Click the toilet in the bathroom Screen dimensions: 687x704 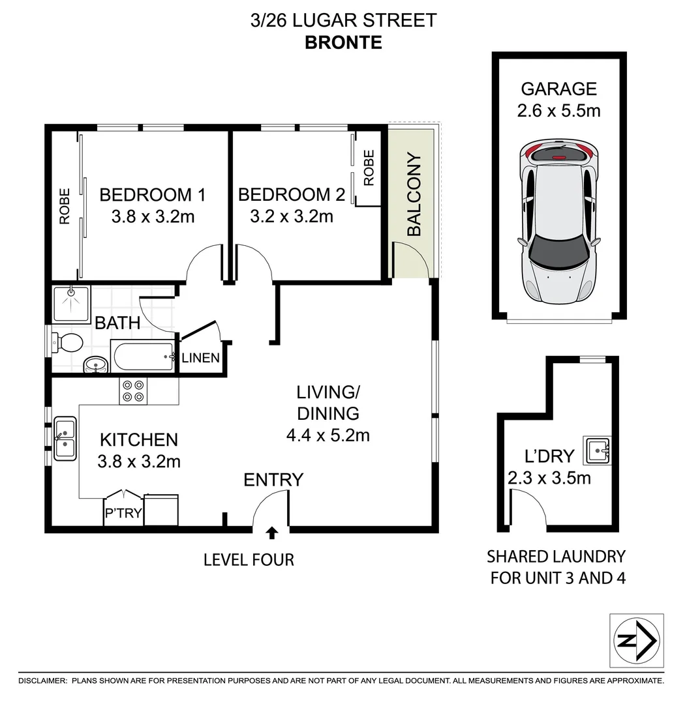pyautogui.click(x=67, y=344)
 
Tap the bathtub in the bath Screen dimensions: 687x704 pyautogui.click(x=143, y=357)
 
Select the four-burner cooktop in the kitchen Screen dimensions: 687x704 pyautogui.click(x=134, y=391)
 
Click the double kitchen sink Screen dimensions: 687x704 pyautogui.click(x=65, y=439)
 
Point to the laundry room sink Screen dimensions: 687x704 pyautogui.click(x=597, y=450)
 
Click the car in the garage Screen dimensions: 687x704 pyautogui.click(x=559, y=222)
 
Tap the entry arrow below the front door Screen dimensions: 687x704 pyautogui.click(x=271, y=533)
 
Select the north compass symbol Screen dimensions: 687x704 pyautogui.click(x=637, y=640)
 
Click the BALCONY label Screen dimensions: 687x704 pyautogui.click(x=414, y=194)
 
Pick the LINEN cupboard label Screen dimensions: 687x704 pyautogui.click(x=200, y=358)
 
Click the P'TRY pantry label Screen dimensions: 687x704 pyautogui.click(x=123, y=513)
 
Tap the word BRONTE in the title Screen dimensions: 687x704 pyautogui.click(x=343, y=42)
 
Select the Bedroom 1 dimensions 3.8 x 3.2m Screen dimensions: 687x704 pyautogui.click(x=153, y=217)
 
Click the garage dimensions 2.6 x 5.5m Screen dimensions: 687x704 pyautogui.click(x=558, y=111)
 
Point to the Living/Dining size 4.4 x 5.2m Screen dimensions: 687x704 pyautogui.click(x=328, y=435)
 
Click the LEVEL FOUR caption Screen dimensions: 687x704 pyautogui.click(x=249, y=560)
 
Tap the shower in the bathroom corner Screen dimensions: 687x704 pyautogui.click(x=72, y=304)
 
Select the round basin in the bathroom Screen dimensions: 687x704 pyautogui.click(x=96, y=364)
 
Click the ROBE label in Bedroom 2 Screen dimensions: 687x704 pyautogui.click(x=369, y=168)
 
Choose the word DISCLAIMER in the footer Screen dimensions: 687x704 pyautogui.click(x=42, y=681)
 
